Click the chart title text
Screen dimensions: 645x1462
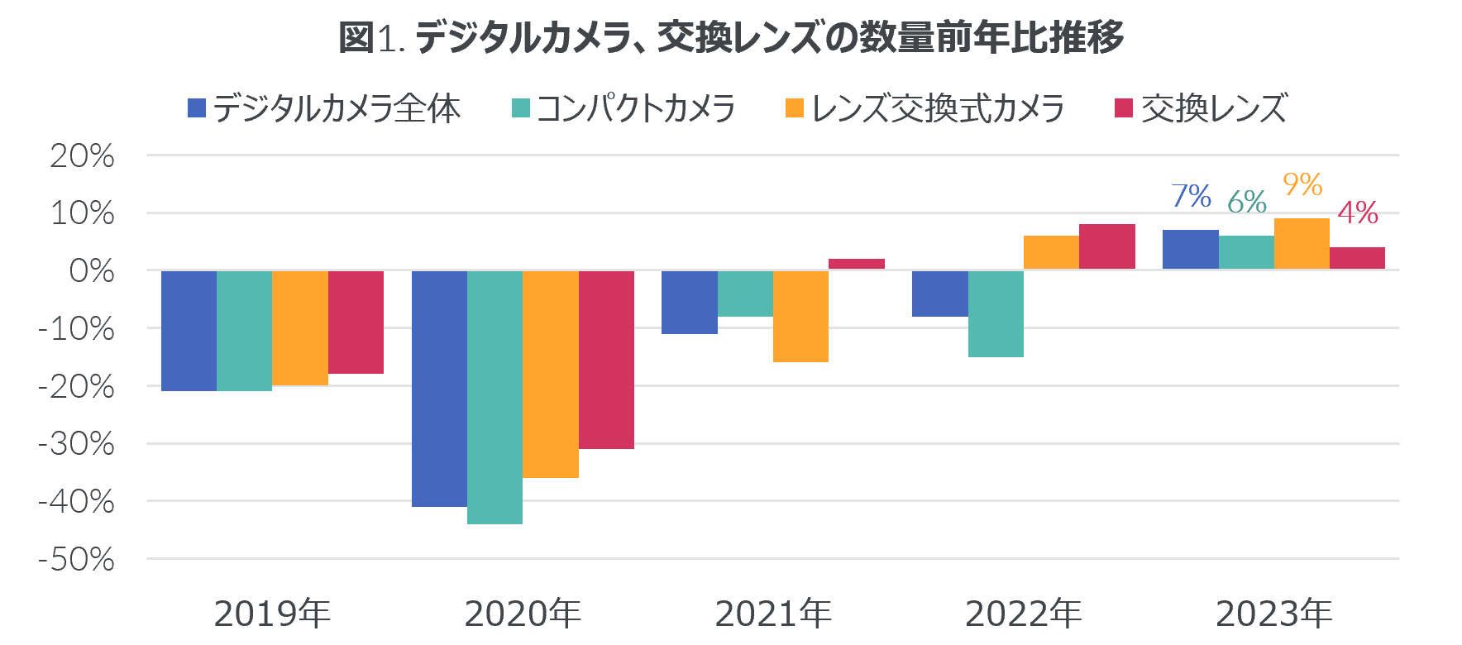coord(731,38)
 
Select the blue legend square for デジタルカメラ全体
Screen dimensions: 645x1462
coord(197,108)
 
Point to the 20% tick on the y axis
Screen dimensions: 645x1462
coord(82,156)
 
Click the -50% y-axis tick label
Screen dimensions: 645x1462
coord(76,560)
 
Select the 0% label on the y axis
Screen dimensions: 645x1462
coord(91,271)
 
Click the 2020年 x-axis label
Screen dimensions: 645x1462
coord(523,614)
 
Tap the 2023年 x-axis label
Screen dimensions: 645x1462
coord(1273,614)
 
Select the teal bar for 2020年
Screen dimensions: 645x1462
coord(494,397)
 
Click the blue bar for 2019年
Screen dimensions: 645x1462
coord(189,331)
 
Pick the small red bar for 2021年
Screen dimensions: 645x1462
coord(856,264)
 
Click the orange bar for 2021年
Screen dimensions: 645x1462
coord(800,316)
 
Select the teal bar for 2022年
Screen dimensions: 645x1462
coord(996,314)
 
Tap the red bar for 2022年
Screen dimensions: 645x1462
coord(1107,247)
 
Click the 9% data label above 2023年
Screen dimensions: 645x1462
coord(1302,184)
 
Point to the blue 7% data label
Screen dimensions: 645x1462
coord(1192,197)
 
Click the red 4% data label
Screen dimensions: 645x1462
coord(1358,213)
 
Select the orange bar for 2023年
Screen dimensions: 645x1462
coord(1302,244)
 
